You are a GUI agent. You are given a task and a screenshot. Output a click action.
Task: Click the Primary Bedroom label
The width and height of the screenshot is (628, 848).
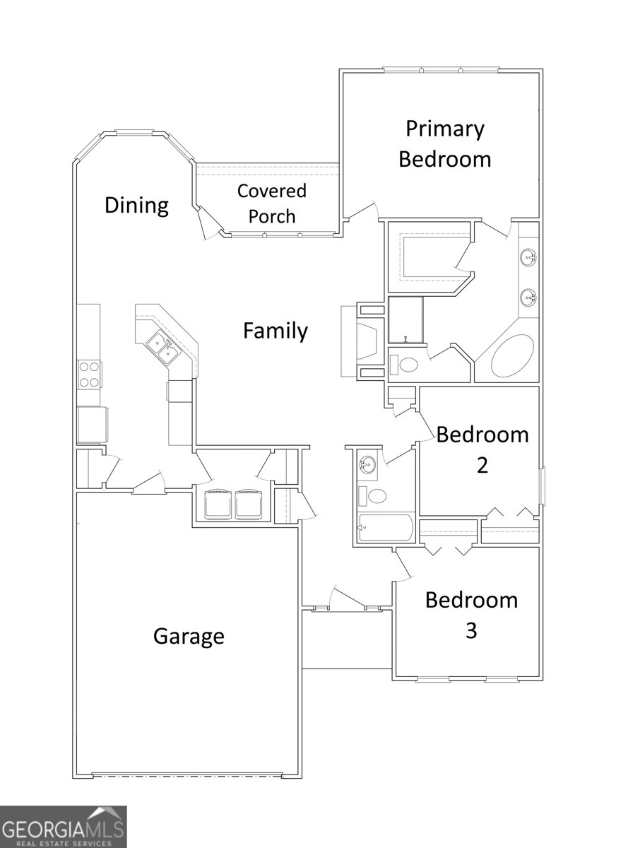coord(444,143)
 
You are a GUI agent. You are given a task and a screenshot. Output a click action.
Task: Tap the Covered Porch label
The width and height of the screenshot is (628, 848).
coord(272,204)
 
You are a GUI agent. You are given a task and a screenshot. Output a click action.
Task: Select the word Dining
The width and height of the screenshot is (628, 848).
coord(136,206)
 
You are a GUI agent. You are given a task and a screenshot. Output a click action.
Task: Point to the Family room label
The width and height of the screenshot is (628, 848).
coord(276,331)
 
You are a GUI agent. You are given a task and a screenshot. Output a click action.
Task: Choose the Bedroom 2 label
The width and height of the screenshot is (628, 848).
coord(482,449)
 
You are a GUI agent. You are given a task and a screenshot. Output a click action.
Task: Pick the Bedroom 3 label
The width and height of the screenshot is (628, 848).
coord(471,615)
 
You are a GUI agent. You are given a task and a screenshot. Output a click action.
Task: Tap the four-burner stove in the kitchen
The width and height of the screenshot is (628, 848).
coord(89,375)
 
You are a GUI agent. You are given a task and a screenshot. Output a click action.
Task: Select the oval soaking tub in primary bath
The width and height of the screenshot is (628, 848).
coord(512,355)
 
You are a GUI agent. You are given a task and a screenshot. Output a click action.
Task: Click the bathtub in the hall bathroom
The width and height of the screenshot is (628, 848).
coord(386,528)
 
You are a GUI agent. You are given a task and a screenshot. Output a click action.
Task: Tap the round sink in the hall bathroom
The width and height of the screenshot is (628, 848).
coord(367,465)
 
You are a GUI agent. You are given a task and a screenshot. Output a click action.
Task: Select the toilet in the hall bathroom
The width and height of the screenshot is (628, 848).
coord(372,496)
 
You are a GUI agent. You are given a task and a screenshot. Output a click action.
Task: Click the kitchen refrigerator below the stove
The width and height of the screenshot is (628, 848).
coord(93,425)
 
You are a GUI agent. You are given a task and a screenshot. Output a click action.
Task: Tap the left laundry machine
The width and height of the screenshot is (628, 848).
coord(218,505)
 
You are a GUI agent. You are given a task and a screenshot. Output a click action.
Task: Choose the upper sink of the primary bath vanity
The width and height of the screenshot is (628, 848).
coord(528,255)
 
